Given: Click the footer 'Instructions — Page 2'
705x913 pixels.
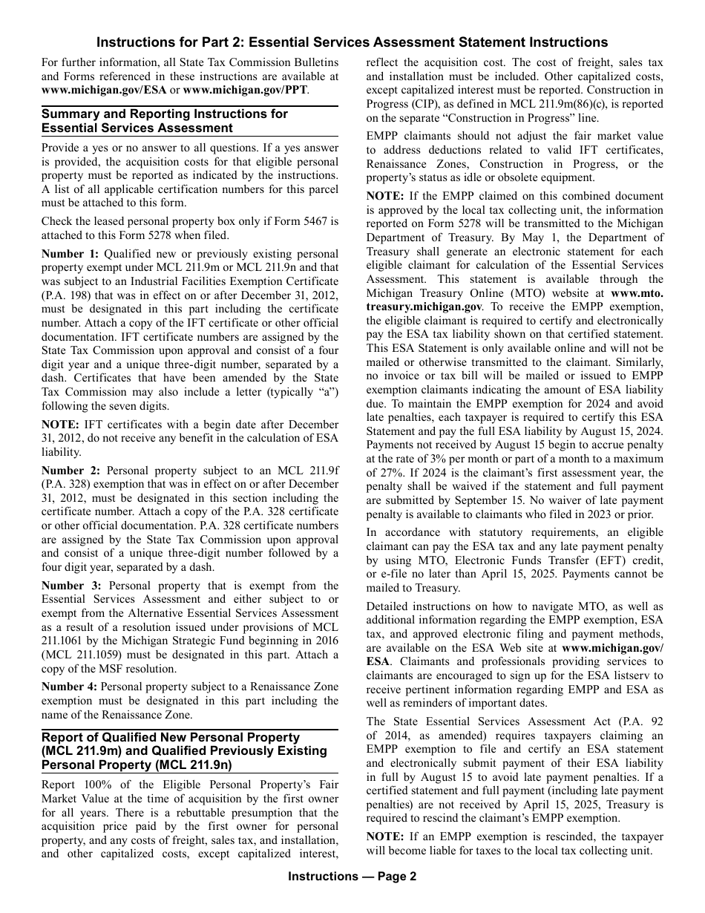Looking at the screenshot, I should point(352,876).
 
